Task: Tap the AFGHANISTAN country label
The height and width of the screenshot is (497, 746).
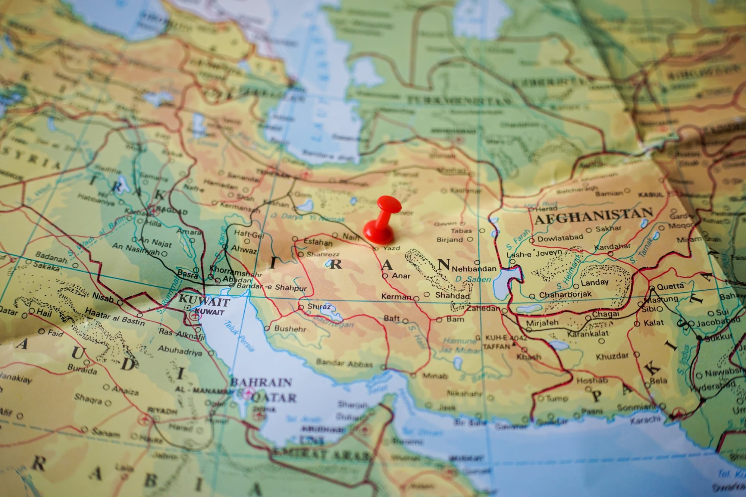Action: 594,216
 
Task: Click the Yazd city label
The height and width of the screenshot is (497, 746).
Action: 391,248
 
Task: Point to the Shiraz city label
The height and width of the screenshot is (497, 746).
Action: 319,306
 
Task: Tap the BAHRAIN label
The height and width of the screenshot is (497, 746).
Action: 261,382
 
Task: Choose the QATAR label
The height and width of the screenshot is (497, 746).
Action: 274,397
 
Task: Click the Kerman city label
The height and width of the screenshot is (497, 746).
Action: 396,297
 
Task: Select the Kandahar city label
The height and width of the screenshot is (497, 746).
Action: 612,246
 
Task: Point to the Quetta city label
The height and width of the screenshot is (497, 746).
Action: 670,286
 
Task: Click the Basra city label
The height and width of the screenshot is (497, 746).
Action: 187,274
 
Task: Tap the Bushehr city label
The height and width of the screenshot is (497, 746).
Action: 290,329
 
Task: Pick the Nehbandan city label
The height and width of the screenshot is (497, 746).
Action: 474,268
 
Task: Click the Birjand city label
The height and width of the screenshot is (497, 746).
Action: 449,239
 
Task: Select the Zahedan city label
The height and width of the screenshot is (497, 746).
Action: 484,309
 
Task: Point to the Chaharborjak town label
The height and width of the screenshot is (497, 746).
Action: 565,294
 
